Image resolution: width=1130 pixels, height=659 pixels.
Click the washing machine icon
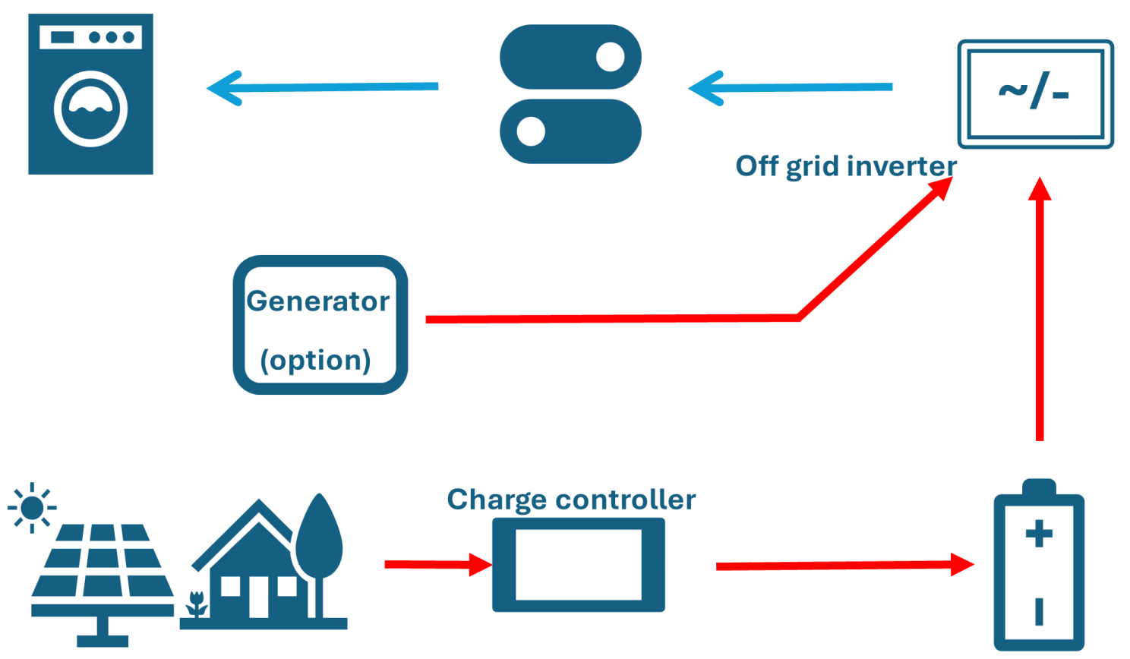coord(91,94)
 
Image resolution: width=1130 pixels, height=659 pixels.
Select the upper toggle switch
coord(570,57)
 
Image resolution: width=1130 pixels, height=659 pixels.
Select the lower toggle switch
coord(570,131)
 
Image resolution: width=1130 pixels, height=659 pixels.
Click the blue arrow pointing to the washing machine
coord(323,88)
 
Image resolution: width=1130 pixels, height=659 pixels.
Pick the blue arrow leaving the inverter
coord(791,88)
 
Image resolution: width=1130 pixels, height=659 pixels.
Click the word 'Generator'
coord(317,301)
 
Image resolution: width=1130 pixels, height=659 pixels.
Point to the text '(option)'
coord(316,361)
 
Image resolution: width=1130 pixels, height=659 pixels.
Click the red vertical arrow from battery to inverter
coord(1040,308)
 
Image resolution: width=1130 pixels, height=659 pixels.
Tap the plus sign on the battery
coord(1039,534)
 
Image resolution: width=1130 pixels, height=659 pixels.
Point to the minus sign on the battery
coord(1039,612)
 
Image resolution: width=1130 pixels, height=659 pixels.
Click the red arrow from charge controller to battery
coord(845,565)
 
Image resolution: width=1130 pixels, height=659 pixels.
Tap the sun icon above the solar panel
coord(33,508)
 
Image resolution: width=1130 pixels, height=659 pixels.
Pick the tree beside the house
coord(319,556)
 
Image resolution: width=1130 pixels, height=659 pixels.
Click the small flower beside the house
coord(196,604)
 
